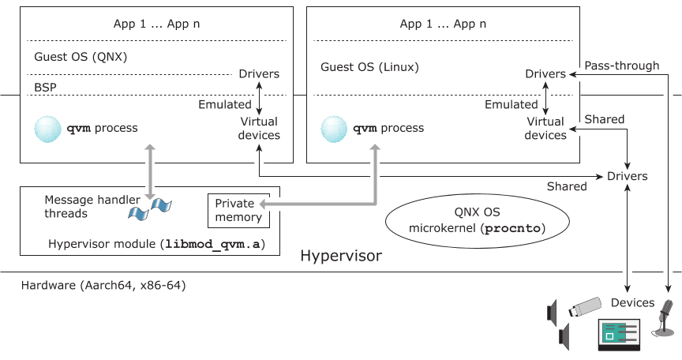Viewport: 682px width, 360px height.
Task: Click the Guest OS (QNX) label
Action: (81, 58)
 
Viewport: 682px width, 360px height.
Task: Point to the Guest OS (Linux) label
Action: (369, 67)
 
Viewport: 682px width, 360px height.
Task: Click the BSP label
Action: (46, 87)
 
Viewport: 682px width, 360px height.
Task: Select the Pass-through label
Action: (621, 66)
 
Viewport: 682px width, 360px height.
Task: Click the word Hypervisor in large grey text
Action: (340, 257)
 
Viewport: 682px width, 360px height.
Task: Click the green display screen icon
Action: (620, 334)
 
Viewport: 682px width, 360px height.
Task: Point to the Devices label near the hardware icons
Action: (632, 303)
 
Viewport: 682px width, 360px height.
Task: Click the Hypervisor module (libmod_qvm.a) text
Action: (156, 244)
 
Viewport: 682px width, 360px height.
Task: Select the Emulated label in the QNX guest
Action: (224, 104)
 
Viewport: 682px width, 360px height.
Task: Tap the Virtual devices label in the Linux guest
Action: (545, 129)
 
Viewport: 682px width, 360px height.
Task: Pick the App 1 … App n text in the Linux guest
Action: (438, 24)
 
